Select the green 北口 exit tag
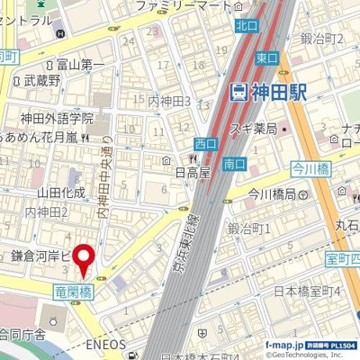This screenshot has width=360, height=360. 245,26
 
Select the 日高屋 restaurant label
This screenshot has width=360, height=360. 192,171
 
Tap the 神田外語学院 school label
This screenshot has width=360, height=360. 58,118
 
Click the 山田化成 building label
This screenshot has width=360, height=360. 61,192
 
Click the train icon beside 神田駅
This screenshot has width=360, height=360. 238,92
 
